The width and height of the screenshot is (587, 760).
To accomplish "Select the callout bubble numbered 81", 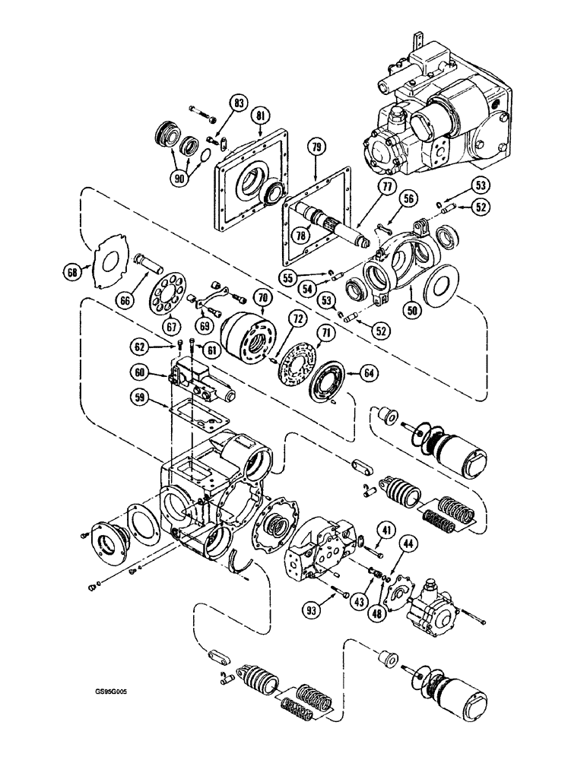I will (262, 116).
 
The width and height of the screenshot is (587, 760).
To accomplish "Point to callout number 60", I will (140, 374).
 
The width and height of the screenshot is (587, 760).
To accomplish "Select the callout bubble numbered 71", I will (325, 332).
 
